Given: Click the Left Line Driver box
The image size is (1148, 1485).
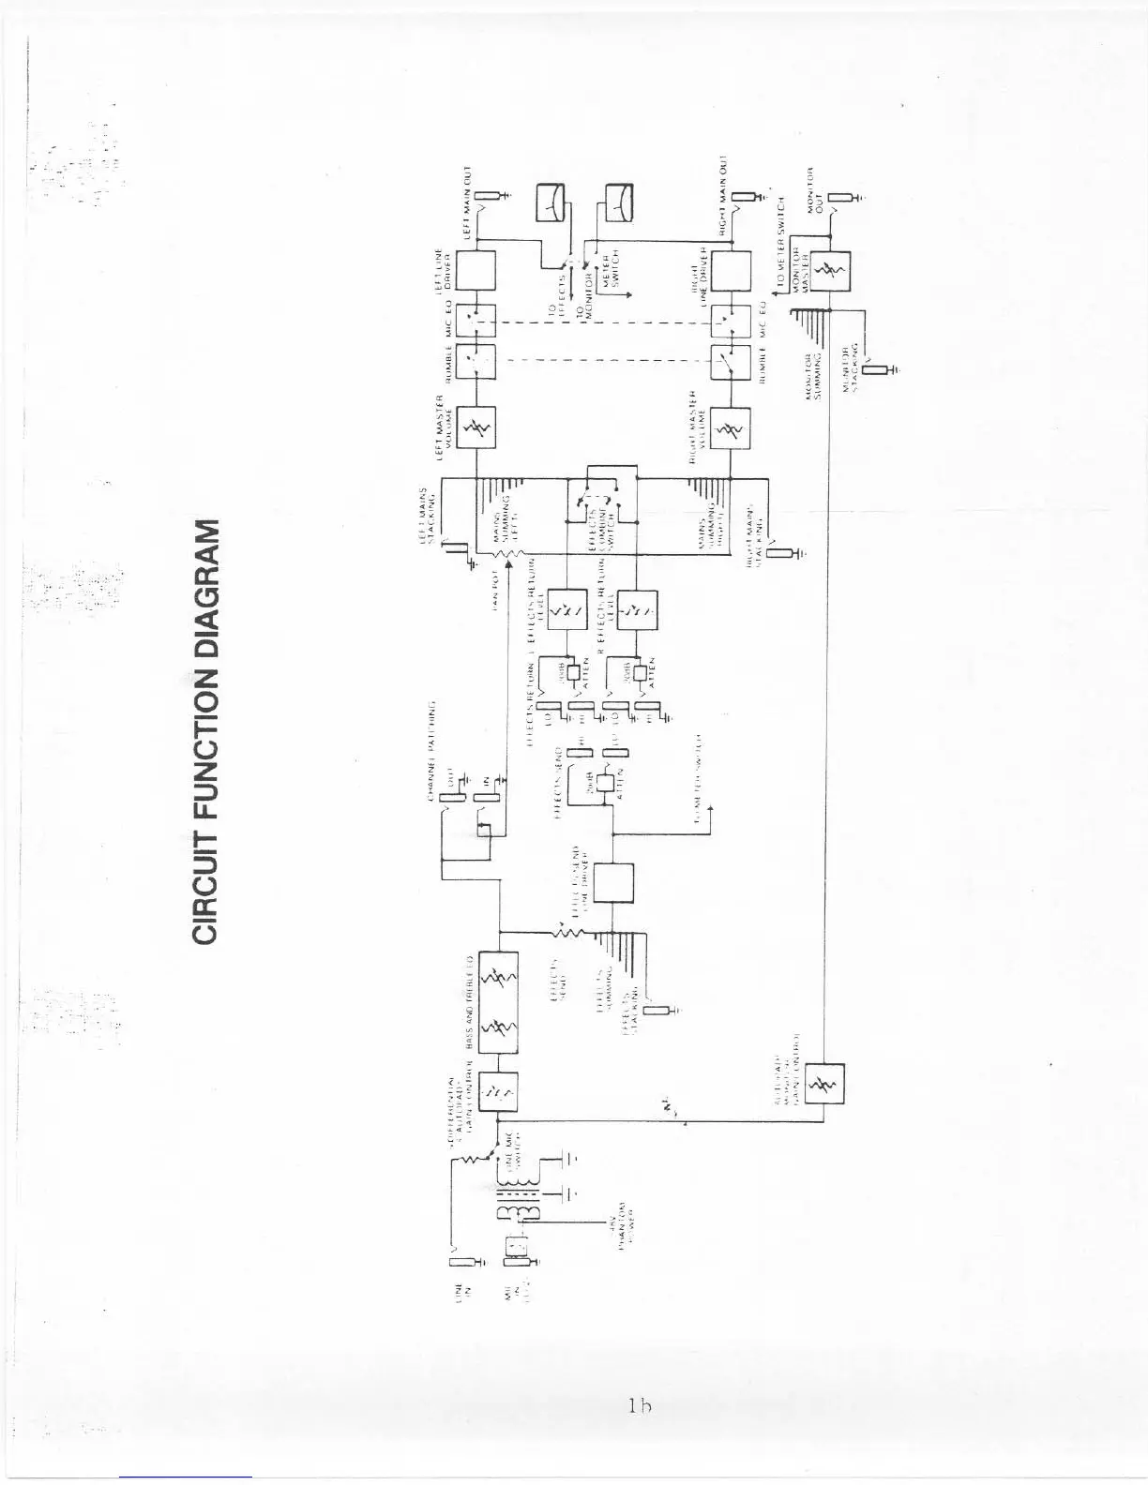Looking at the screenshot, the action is (476, 272).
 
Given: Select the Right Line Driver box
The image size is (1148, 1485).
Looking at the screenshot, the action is (732, 273).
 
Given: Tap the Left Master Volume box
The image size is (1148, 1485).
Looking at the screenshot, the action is (476, 429).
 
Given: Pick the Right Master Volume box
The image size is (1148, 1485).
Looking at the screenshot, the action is (732, 429).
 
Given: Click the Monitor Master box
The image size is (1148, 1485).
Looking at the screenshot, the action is (830, 272).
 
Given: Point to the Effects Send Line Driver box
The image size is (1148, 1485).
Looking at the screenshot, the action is (613, 882).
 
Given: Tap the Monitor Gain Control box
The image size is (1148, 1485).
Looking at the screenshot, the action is (825, 1087).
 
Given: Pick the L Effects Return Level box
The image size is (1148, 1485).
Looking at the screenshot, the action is (566, 611).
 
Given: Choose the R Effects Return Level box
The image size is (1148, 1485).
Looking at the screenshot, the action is (638, 611).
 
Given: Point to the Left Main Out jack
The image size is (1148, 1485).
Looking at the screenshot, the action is (490, 197).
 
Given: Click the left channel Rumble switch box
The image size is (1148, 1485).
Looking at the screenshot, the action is (476, 361).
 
